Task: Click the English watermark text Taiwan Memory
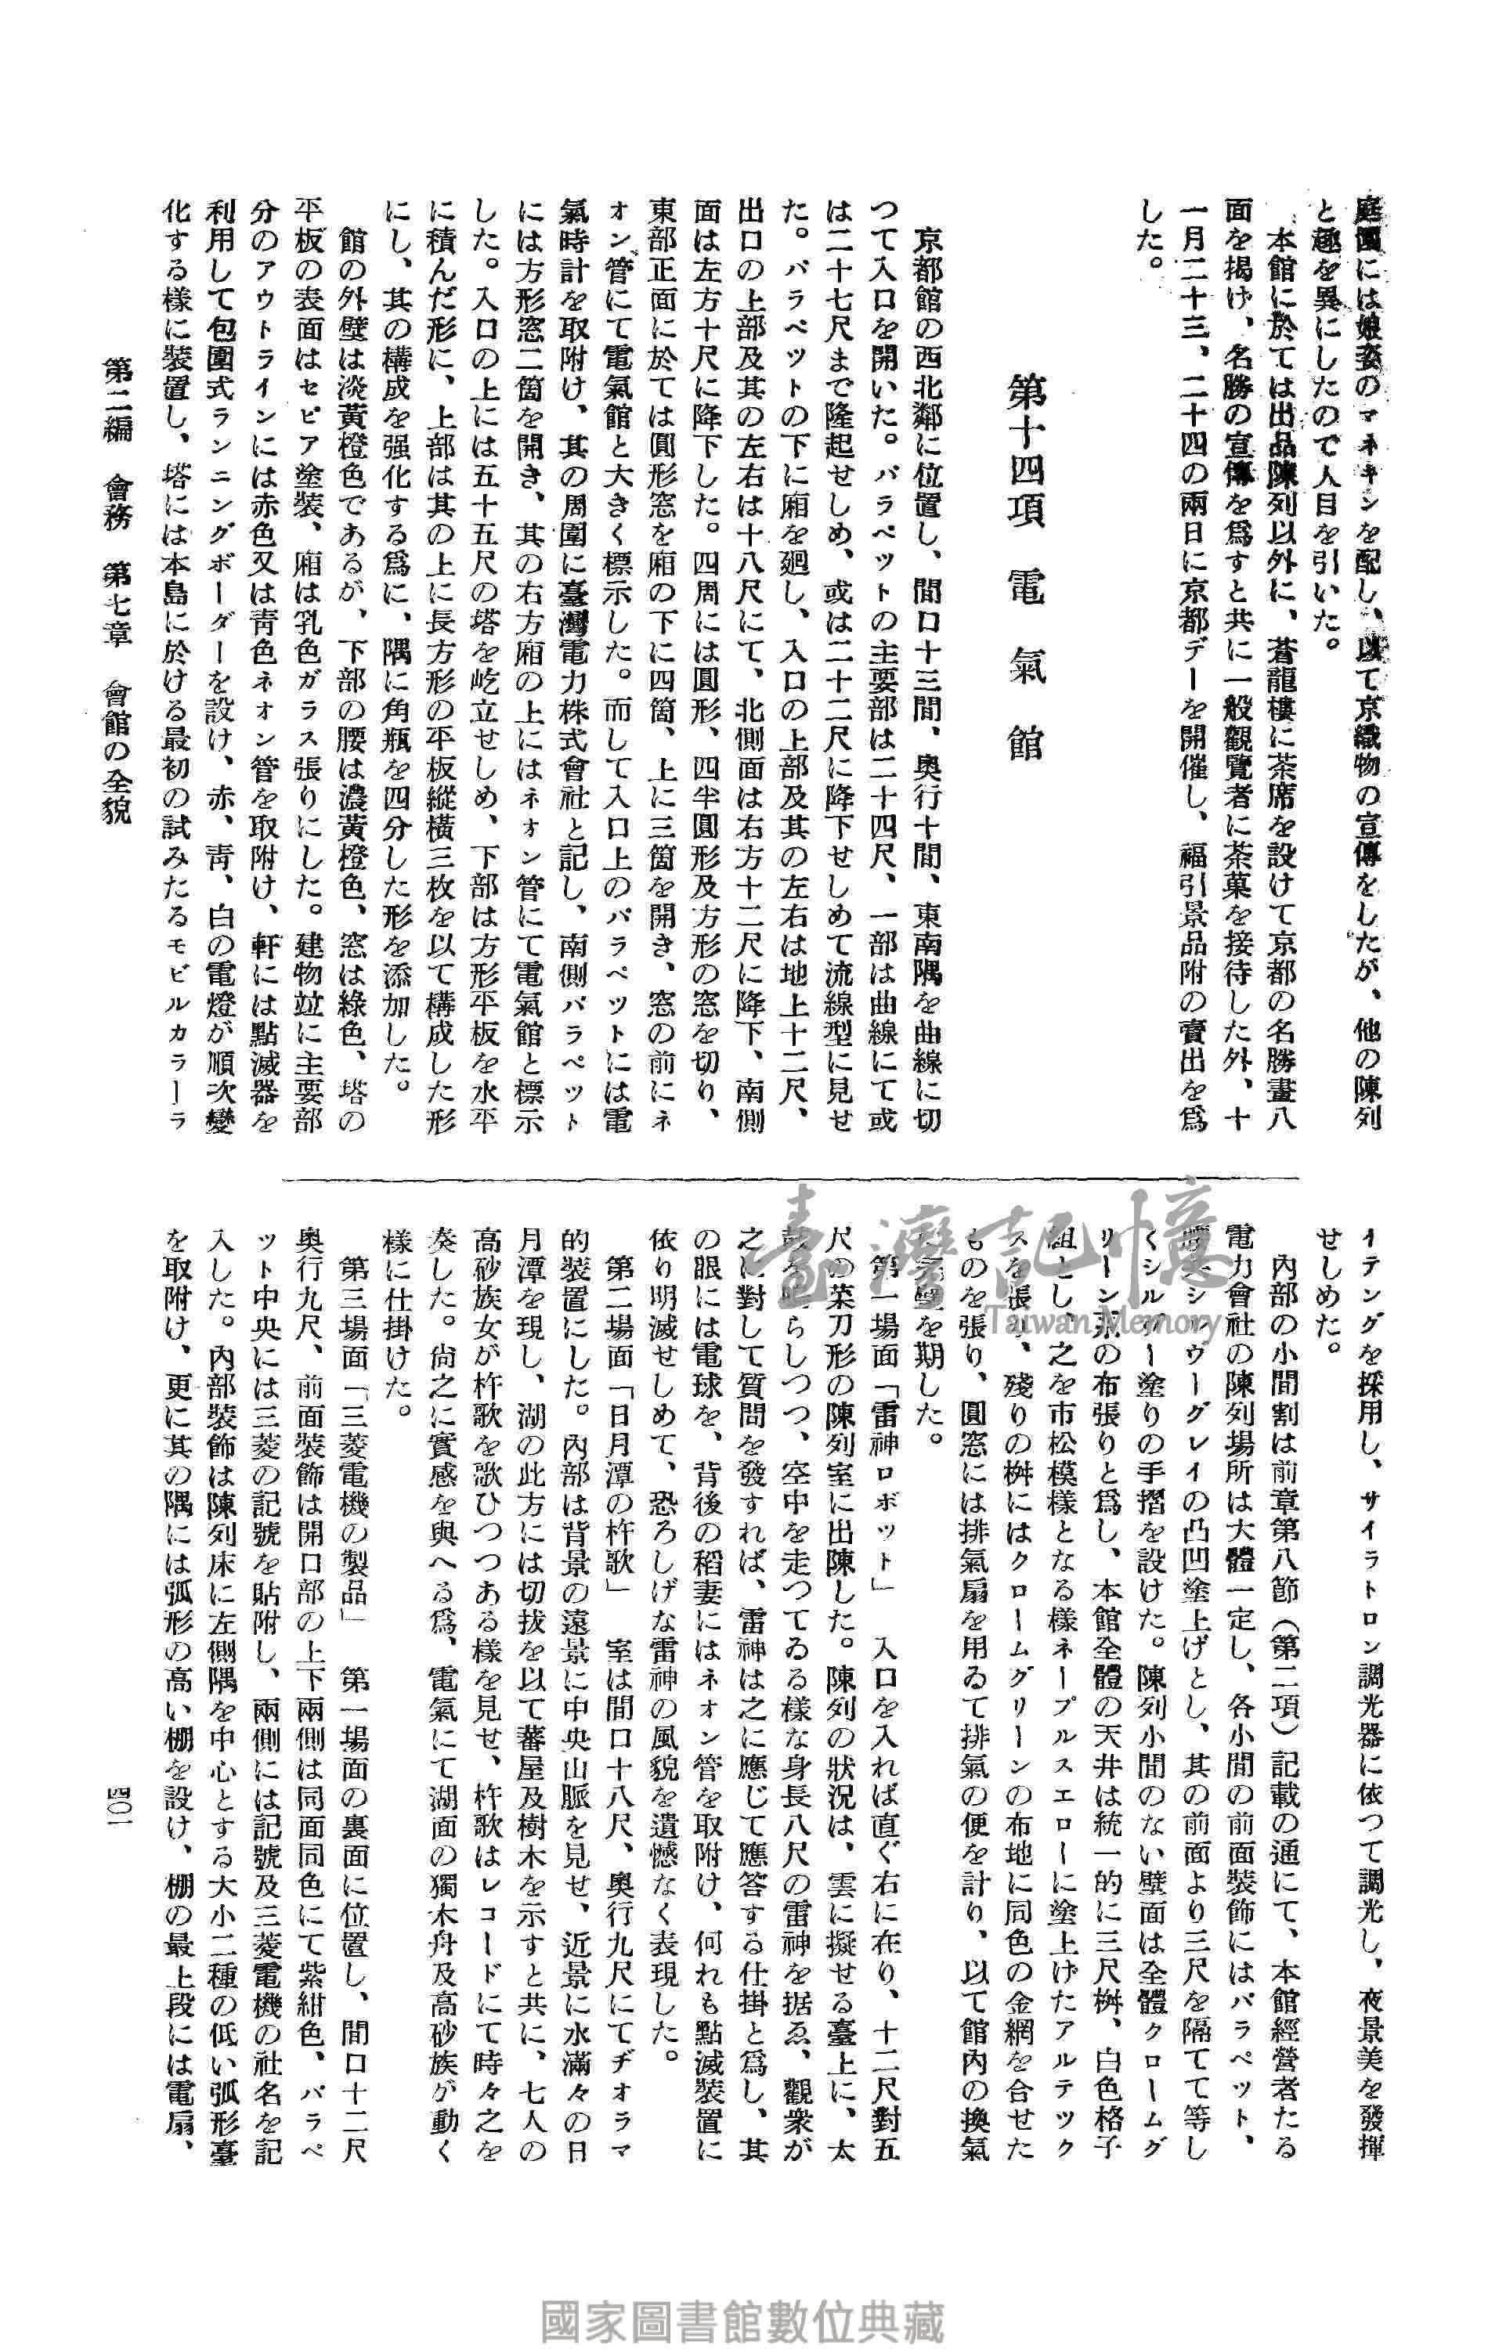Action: (1103, 1324)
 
